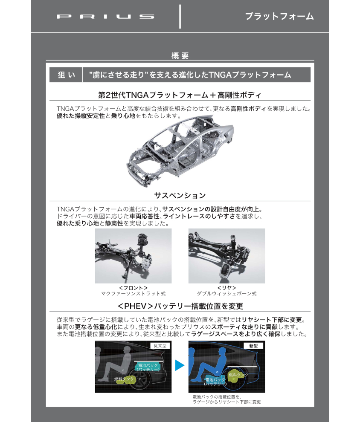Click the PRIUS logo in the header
(105, 17)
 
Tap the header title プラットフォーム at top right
(279, 17)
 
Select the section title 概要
(180, 55)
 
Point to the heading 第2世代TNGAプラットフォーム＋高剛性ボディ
(180, 95)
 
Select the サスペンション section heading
(180, 196)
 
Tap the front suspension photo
(133, 256)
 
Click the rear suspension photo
(226, 256)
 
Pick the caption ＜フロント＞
(133, 288)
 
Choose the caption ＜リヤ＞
(226, 288)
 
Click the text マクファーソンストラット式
(133, 294)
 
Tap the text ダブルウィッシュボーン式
(226, 294)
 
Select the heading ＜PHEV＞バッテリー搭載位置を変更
(180, 306)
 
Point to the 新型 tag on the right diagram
(253, 346)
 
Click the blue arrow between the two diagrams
(180, 365)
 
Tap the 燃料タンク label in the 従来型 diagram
(124, 379)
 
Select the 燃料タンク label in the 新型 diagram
(238, 375)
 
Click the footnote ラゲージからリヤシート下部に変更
(226, 402)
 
